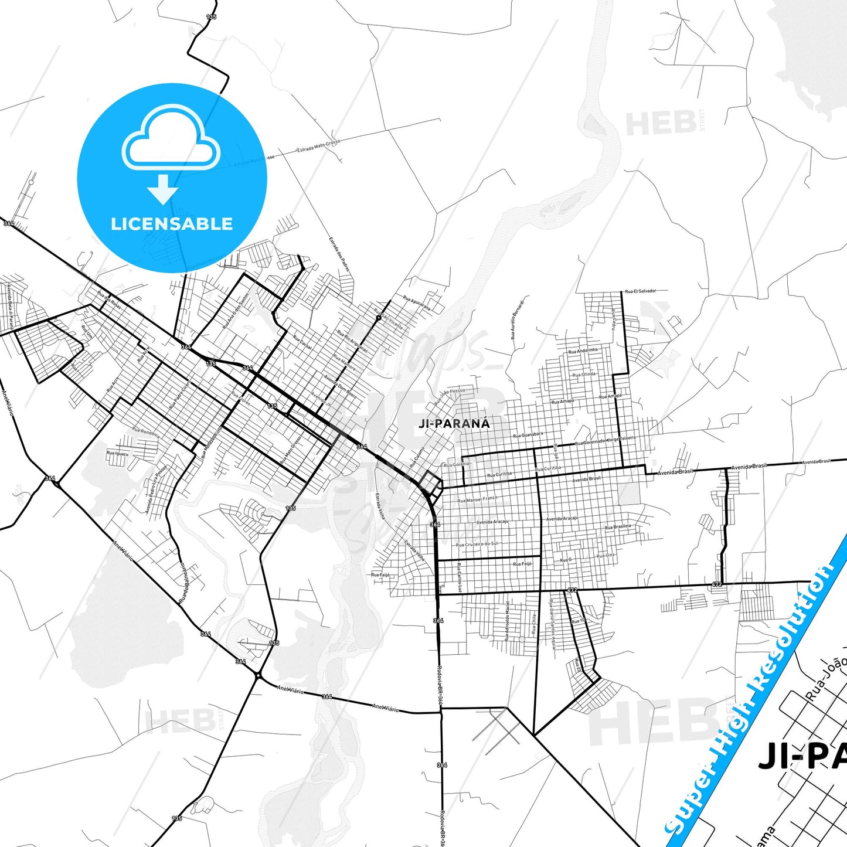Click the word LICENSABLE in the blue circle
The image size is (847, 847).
[x=172, y=223]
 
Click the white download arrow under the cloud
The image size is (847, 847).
[x=163, y=189]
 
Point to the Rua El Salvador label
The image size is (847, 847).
[x=640, y=291]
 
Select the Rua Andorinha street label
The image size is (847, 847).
[x=583, y=351]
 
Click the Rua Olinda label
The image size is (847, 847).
[x=584, y=374]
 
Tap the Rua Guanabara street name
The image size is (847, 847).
[x=528, y=435]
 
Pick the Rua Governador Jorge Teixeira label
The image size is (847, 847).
[x=605, y=441]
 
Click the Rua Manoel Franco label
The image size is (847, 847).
[x=477, y=499]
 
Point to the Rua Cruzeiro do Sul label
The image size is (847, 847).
[x=477, y=544]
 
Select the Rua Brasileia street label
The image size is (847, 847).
[x=618, y=527]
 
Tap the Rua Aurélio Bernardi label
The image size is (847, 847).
[x=517, y=321]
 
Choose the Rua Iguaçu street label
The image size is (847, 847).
[x=116, y=453]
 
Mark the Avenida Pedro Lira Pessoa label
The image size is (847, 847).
[x=156, y=490]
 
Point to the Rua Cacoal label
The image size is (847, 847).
[x=302, y=343]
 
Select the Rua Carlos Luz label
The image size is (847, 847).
[x=460, y=577]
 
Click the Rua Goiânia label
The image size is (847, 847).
[x=457, y=464]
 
